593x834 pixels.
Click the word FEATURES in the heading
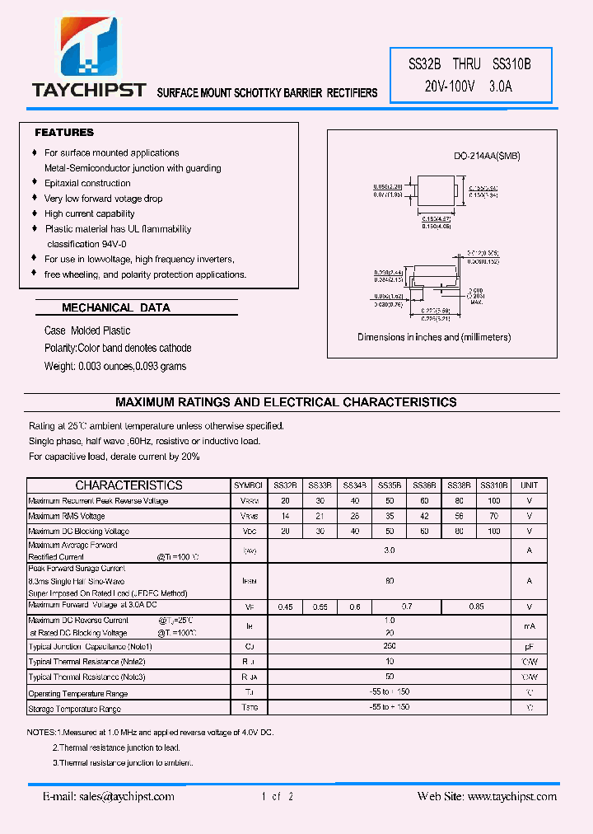click(64, 133)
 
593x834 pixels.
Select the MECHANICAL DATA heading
click(116, 307)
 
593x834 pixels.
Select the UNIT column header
click(529, 485)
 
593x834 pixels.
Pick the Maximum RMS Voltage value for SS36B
click(424, 516)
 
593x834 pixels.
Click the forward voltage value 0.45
click(286, 607)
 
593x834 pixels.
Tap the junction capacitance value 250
click(390, 646)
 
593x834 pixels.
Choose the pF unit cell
click(529, 647)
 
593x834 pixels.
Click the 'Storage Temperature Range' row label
click(74, 709)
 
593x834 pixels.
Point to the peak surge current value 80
click(390, 580)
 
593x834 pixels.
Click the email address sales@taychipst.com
click(109, 796)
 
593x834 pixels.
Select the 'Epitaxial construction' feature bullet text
click(87, 183)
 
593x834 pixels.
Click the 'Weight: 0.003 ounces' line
click(115, 366)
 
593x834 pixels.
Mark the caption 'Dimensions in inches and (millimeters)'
click(434, 337)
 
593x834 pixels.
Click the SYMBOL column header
click(248, 485)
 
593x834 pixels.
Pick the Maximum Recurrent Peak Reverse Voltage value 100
click(493, 501)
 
